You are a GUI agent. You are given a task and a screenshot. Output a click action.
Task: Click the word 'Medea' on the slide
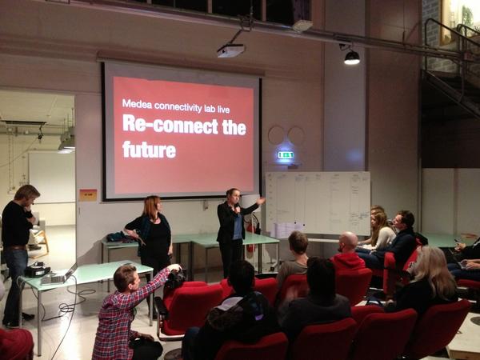(135, 103)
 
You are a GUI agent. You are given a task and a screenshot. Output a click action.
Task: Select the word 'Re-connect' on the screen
(159, 125)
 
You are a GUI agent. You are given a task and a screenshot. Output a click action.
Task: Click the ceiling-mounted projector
(230, 50)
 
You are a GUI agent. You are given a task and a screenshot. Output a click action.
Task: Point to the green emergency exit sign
(285, 154)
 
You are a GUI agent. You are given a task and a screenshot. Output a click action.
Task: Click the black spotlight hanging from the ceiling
(351, 57)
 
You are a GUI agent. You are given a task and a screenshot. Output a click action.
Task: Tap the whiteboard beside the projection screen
(317, 203)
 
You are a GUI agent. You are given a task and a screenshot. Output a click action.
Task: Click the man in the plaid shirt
(120, 312)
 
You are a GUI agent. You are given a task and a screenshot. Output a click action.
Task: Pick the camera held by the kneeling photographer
(176, 278)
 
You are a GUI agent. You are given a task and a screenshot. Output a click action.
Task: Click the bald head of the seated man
(348, 242)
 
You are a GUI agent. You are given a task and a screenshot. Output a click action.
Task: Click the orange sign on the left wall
(88, 194)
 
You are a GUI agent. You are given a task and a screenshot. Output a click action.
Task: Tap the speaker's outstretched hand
(262, 199)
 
